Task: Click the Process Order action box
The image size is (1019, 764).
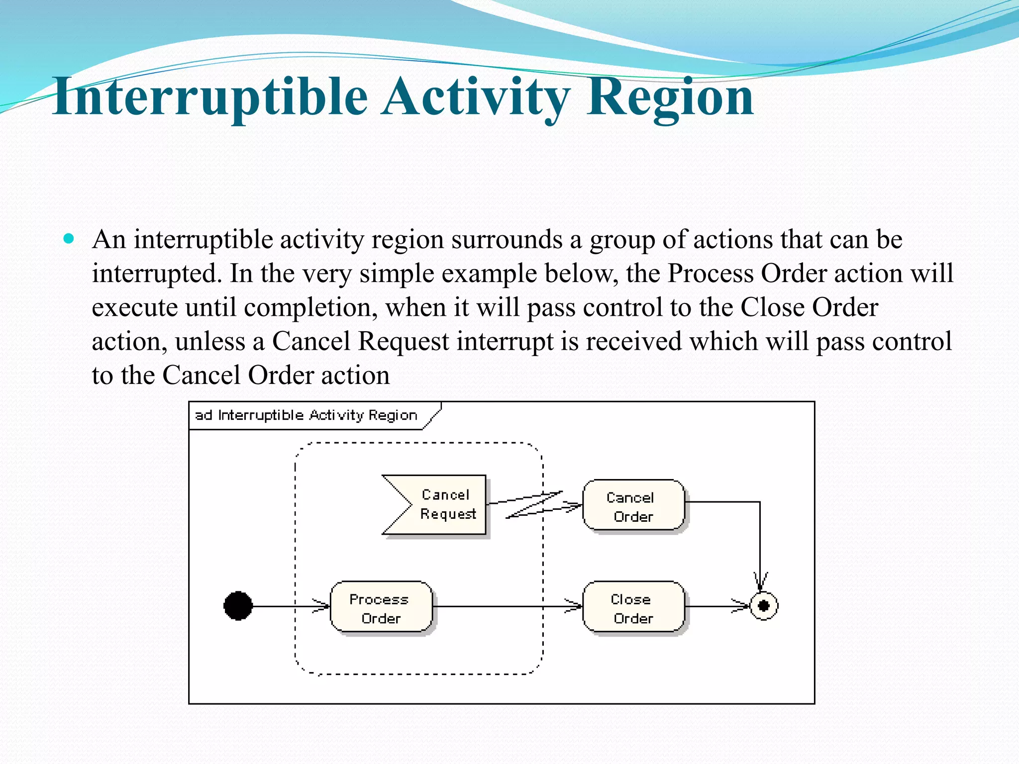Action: click(381, 607)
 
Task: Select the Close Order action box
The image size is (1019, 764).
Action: click(633, 607)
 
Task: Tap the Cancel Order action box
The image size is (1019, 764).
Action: click(633, 505)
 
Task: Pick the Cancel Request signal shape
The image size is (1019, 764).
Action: click(438, 505)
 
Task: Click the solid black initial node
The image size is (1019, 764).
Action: click(238, 606)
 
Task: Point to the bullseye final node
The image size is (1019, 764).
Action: click(764, 606)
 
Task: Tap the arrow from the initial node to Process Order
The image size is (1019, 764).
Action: click(289, 606)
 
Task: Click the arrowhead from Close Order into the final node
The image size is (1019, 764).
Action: click(741, 606)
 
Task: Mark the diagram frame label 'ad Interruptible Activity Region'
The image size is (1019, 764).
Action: click(306, 415)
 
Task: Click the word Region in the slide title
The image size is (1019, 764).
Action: click(670, 97)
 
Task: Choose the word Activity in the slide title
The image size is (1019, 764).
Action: click(477, 97)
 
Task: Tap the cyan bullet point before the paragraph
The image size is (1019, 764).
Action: click(69, 239)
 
